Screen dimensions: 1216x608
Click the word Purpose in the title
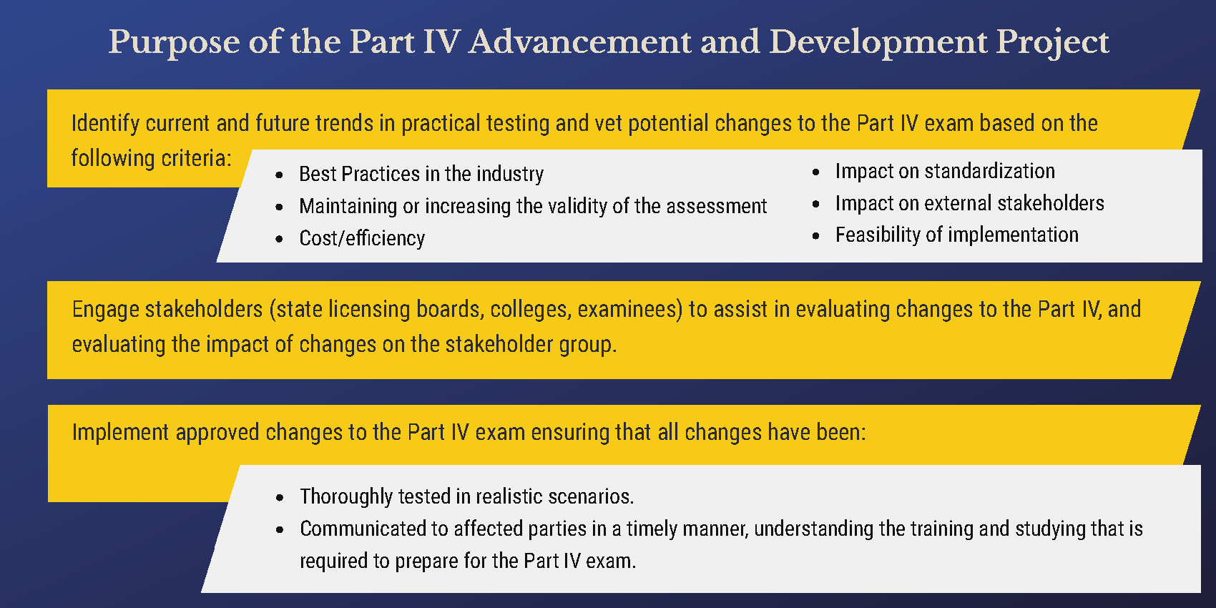(x=175, y=42)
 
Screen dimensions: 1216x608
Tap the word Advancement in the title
(x=579, y=41)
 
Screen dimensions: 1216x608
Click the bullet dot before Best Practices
(x=279, y=175)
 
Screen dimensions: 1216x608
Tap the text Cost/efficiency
(x=362, y=238)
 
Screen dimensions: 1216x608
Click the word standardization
(x=990, y=171)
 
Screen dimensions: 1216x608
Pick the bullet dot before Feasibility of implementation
(x=815, y=235)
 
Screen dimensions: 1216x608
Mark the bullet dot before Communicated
(x=280, y=529)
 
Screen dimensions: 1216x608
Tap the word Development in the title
(x=878, y=42)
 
